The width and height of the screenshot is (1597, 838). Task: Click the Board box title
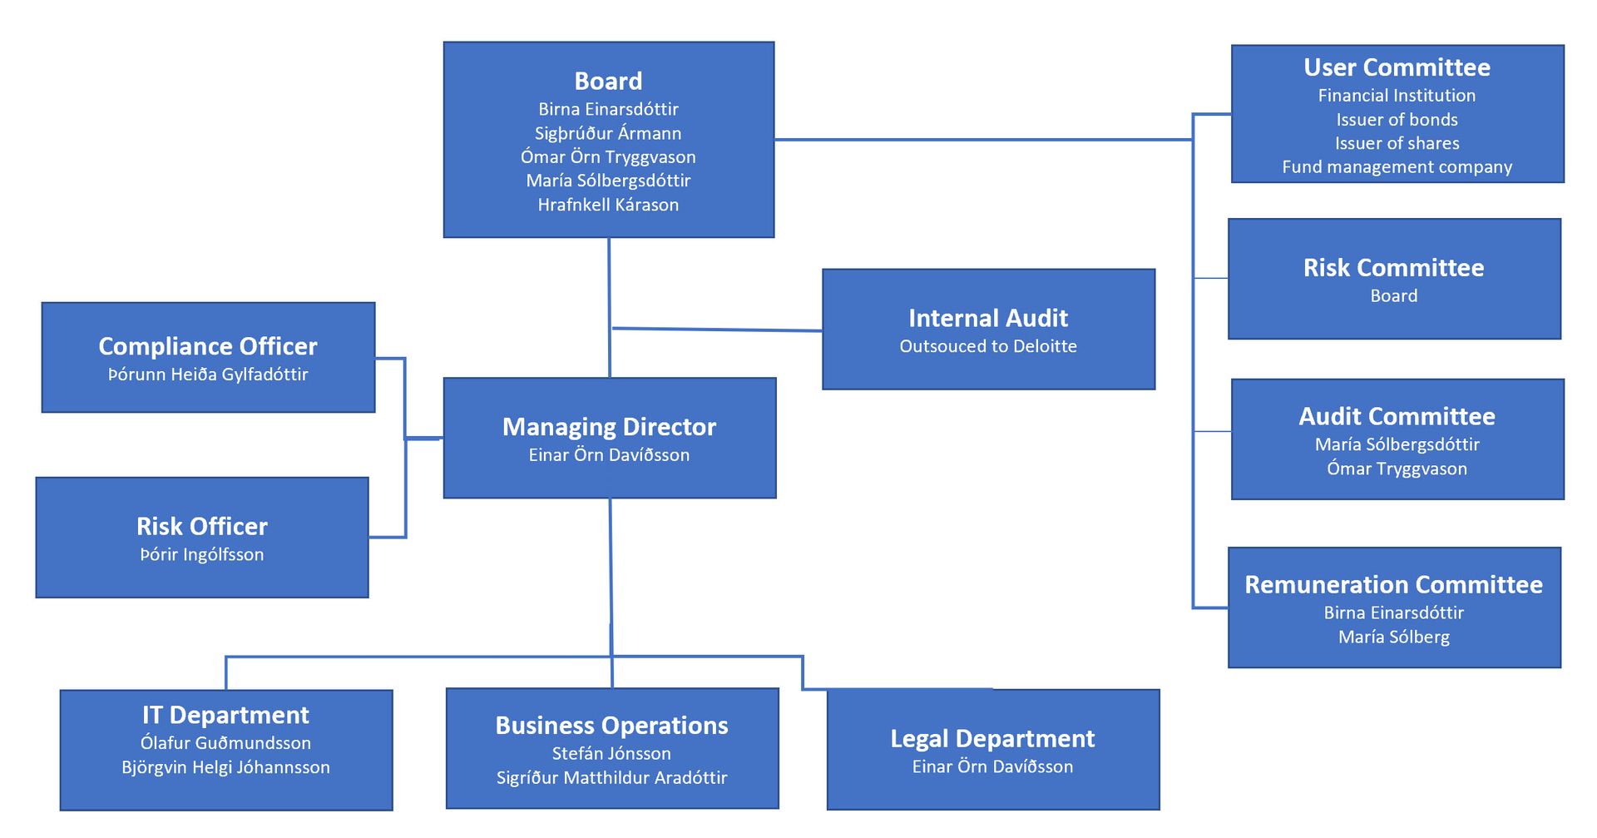(x=608, y=82)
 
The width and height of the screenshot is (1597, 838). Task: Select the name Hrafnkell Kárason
(x=608, y=205)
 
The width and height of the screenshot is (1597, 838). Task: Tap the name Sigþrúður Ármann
(x=608, y=133)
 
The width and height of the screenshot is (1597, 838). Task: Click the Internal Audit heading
(x=988, y=318)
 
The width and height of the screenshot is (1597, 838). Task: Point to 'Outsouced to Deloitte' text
(x=988, y=346)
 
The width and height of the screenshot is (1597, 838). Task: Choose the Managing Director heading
(x=609, y=427)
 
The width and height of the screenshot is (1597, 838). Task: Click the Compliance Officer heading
(x=208, y=346)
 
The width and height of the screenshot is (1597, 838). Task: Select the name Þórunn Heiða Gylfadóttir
(x=208, y=374)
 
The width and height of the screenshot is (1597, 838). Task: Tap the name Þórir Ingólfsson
(x=202, y=554)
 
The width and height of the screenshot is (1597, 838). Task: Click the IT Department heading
(x=225, y=715)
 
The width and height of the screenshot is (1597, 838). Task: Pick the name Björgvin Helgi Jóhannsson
(x=225, y=767)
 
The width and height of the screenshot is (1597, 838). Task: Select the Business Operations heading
(x=611, y=726)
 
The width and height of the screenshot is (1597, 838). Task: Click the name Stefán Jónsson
(x=611, y=753)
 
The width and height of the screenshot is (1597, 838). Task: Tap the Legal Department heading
(x=992, y=738)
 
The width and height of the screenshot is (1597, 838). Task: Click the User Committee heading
(x=1397, y=67)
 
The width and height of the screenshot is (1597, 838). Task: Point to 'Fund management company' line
(x=1397, y=167)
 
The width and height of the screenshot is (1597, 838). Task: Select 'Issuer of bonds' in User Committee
(x=1397, y=120)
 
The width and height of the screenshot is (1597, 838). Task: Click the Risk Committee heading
(x=1393, y=268)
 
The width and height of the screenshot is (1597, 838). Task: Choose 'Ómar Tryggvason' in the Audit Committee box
(x=1397, y=469)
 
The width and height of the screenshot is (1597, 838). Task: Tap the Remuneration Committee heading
(x=1393, y=585)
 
